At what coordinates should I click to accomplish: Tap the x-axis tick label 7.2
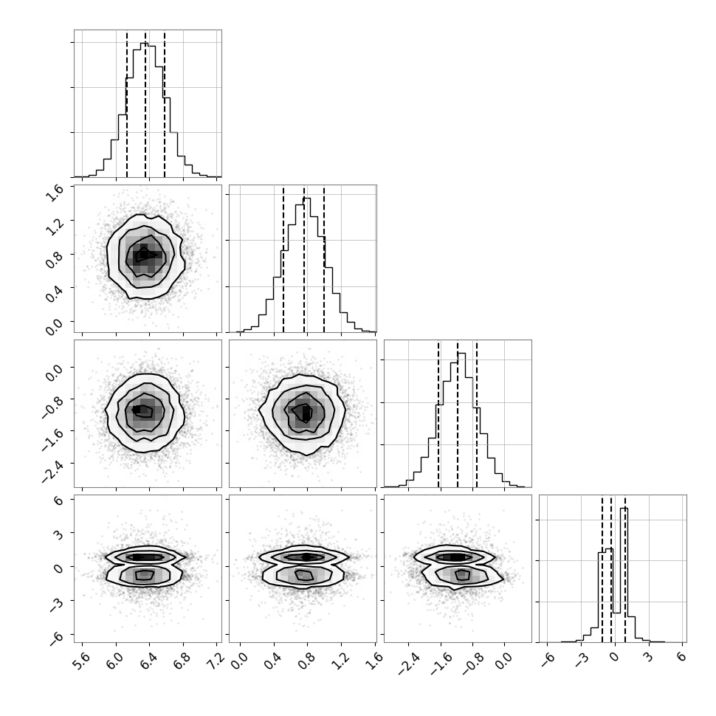[215, 660]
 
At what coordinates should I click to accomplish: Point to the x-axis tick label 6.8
[182, 660]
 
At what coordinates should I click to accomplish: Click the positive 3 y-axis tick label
[58, 534]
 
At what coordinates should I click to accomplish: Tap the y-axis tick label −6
[55, 637]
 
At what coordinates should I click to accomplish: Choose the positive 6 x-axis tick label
[682, 657]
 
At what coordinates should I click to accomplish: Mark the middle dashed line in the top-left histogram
[145, 103]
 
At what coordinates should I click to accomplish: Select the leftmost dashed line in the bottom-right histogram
[602, 568]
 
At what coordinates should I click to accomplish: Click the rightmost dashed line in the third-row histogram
[477, 413]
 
